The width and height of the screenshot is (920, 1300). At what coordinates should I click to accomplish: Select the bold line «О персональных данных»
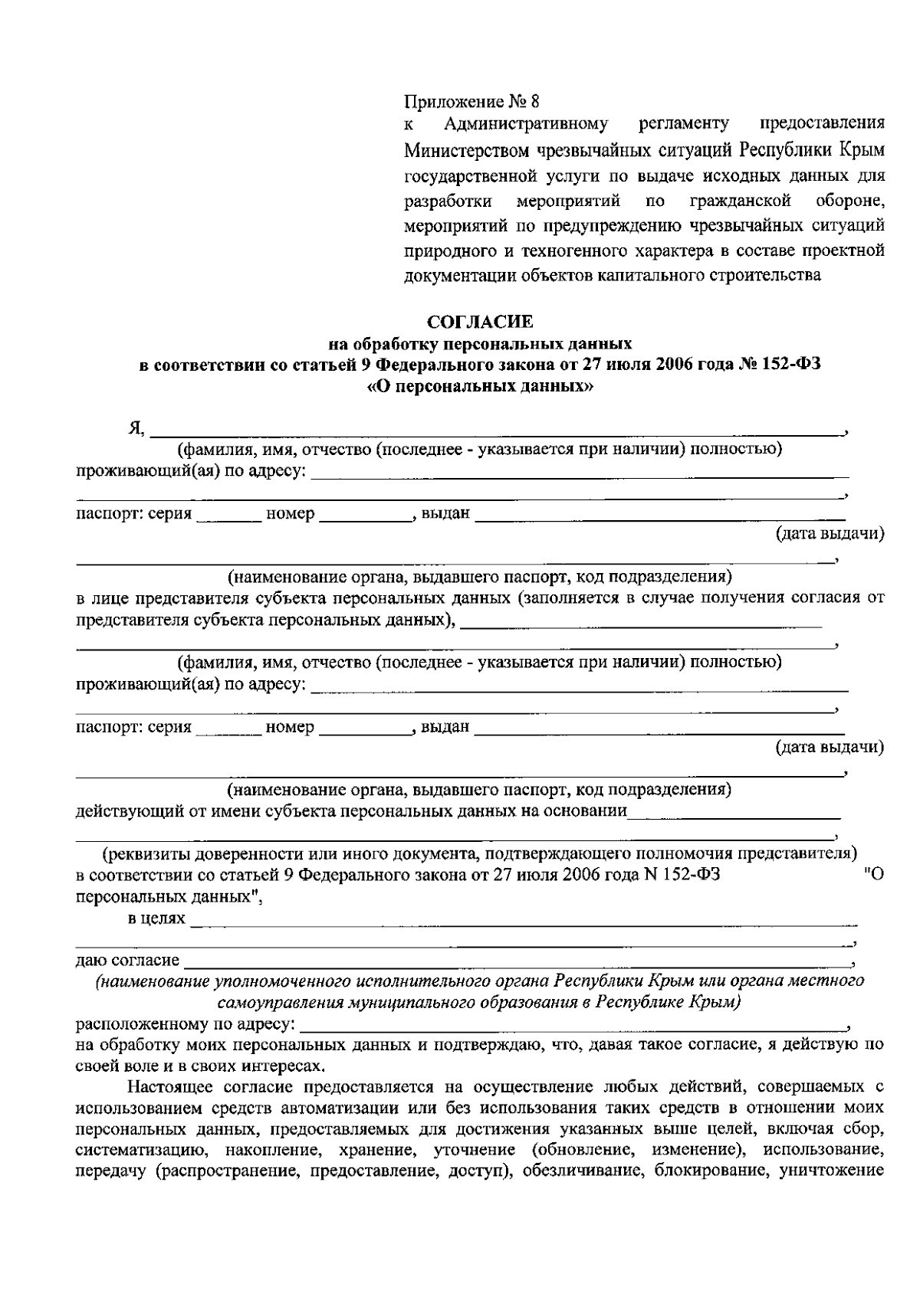pos(481,387)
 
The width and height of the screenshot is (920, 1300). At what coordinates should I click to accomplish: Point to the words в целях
pos(156,918)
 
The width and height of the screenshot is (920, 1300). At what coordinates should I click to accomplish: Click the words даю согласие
pos(127,961)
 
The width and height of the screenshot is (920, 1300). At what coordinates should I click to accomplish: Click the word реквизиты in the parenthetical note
pos(146,853)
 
